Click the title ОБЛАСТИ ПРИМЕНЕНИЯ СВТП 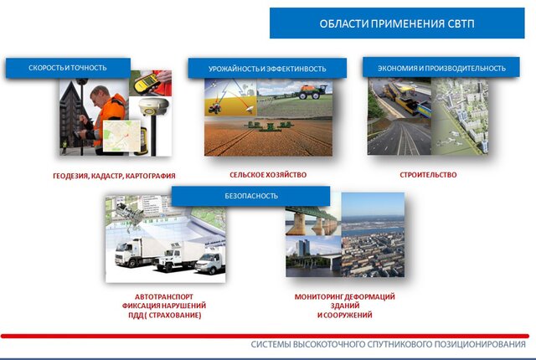(397, 23)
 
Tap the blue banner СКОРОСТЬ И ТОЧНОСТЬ (68, 68)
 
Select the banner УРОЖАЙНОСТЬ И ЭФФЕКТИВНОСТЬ (267, 69)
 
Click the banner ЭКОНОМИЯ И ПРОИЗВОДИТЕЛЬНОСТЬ (441, 68)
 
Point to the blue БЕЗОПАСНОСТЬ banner (251, 196)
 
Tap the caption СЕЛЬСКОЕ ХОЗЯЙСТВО (268, 175)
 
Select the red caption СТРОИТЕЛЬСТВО (428, 175)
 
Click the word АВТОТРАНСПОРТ (164, 297)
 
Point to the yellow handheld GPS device (147, 83)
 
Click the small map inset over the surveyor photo (121, 136)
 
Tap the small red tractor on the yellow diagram (214, 109)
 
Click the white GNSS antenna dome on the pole (153, 106)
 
